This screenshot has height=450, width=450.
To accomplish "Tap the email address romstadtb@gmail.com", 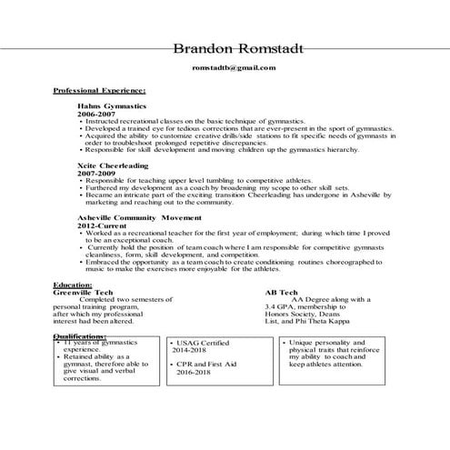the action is pyautogui.click(x=234, y=68).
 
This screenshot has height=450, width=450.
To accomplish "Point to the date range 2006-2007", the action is pyautogui.click(x=97, y=115).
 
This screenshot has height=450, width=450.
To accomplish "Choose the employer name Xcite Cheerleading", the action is pyautogui.click(x=113, y=165).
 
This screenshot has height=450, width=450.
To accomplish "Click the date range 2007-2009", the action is pyautogui.click(x=97, y=174).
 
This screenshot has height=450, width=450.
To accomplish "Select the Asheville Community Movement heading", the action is pyautogui.click(x=136, y=218).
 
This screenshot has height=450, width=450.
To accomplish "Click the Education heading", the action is pyautogui.click(x=73, y=285).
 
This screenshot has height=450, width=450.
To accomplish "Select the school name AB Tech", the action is pyautogui.click(x=280, y=292).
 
